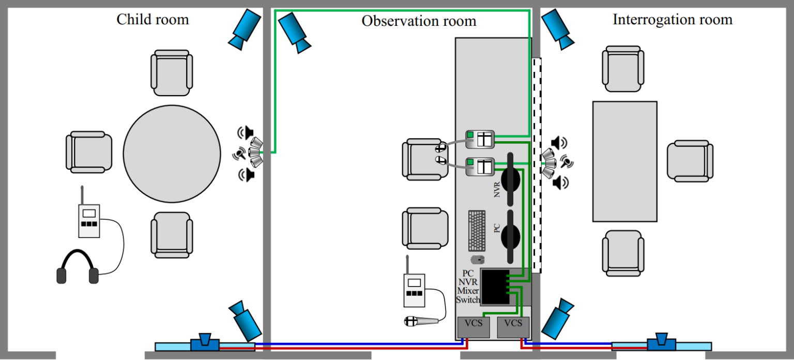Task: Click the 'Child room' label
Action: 152,20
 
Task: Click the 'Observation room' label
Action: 418,21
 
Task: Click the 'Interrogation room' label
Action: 672,20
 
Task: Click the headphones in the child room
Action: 78,267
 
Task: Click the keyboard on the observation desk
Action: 477,230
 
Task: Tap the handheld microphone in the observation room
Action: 421,321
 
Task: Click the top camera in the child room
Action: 246,29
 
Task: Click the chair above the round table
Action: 172,73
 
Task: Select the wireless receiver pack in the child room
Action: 89,219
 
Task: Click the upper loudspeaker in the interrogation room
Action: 559,143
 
